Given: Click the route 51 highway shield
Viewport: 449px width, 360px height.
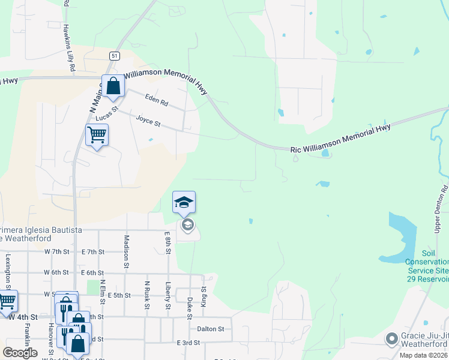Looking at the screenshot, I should coord(114,55).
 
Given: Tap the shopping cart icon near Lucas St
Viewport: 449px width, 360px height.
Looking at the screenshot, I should coord(96,135).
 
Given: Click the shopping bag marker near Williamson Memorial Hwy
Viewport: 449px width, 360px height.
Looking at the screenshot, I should coord(113,86).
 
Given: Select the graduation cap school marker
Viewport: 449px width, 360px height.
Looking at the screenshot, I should coord(184,203).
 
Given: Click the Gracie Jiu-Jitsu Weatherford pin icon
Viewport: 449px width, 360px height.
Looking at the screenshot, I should coord(392,339).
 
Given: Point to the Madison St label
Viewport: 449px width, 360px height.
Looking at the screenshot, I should coord(127,250).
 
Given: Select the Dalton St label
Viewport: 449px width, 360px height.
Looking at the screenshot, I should coord(210,329).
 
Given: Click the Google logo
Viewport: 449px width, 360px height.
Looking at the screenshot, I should coord(20,353).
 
